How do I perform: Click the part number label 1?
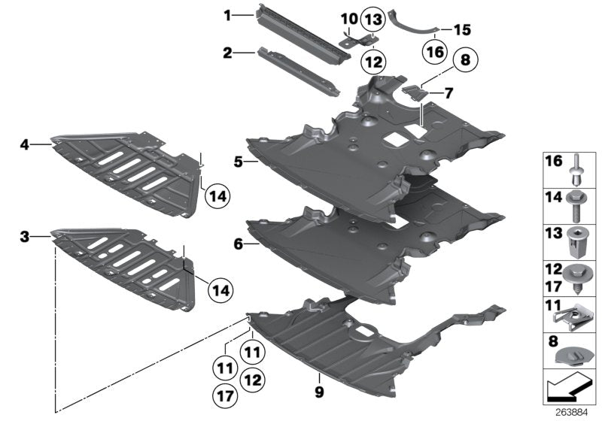[x=227, y=14]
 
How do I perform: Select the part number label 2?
[x=227, y=53]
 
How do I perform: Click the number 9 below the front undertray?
[x=320, y=391]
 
